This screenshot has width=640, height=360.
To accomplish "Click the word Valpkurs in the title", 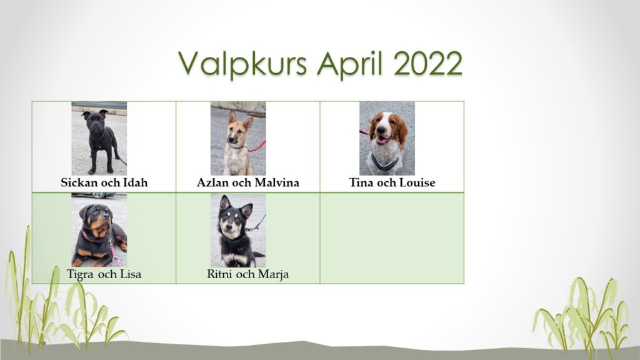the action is tap(242, 64).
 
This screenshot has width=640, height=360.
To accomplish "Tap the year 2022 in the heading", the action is tap(427, 63).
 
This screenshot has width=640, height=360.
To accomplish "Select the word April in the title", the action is tap(350, 64).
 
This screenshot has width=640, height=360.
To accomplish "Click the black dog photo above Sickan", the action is tap(99, 138).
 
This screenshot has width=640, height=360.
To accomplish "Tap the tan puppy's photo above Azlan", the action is tap(238, 138).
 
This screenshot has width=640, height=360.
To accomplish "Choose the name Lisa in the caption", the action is tap(130, 274).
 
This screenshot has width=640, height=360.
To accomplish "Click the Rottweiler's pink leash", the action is tap(113, 251).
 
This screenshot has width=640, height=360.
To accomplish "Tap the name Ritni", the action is tap(220, 274).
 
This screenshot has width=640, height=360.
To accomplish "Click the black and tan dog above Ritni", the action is tap(238, 230).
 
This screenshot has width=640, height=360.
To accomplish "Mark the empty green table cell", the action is tap(392, 238).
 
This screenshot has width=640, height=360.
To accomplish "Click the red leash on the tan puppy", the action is tap(257, 147).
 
